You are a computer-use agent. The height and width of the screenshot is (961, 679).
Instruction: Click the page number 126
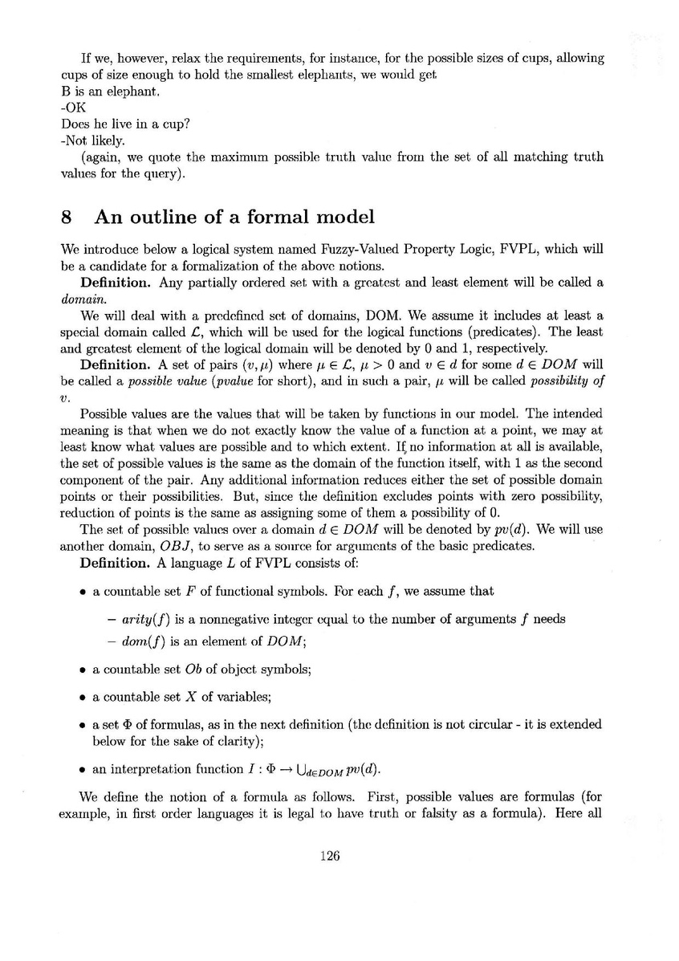330,855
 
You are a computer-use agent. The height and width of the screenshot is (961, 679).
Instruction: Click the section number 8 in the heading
67,217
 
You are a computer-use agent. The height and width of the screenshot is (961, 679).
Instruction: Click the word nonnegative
236,617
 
